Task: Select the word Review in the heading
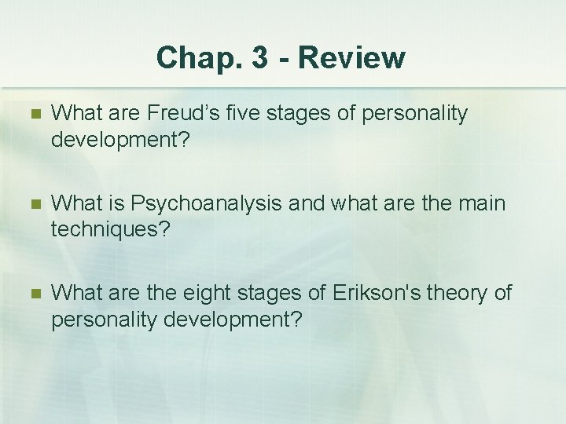(x=352, y=57)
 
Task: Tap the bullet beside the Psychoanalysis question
(x=32, y=205)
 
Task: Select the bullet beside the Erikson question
(x=32, y=294)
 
